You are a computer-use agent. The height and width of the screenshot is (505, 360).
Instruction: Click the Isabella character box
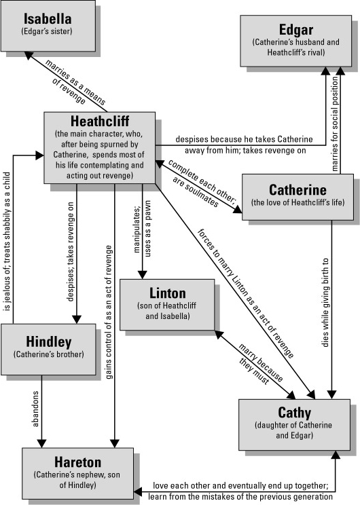[x=48, y=26]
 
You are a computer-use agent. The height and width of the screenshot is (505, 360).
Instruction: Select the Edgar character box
[x=296, y=41]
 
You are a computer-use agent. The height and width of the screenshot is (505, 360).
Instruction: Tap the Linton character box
[x=167, y=305]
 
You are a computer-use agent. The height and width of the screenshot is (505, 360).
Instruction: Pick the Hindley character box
[x=48, y=350]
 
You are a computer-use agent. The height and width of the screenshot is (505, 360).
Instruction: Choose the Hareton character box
[x=77, y=473]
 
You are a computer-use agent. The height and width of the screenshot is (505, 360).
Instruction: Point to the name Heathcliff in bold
[x=100, y=121]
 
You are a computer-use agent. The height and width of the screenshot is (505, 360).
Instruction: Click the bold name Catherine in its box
[x=298, y=189]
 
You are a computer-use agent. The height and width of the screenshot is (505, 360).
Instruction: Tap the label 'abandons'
[x=35, y=409]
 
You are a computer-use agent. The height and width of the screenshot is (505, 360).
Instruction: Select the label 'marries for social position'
[x=335, y=124]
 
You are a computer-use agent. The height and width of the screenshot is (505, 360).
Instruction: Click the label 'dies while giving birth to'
[x=325, y=302]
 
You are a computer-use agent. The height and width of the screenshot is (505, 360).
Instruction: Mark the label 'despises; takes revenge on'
[x=70, y=252]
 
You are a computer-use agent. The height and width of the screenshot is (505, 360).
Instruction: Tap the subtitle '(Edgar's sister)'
[x=47, y=31]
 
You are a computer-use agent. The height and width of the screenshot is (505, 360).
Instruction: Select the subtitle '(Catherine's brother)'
[x=49, y=354]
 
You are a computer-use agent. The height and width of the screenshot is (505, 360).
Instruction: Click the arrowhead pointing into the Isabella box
[x=29, y=56]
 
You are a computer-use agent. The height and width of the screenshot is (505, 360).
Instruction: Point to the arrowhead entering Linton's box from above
[x=143, y=275]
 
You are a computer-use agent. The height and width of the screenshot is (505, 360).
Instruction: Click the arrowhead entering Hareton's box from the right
[x=138, y=492]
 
